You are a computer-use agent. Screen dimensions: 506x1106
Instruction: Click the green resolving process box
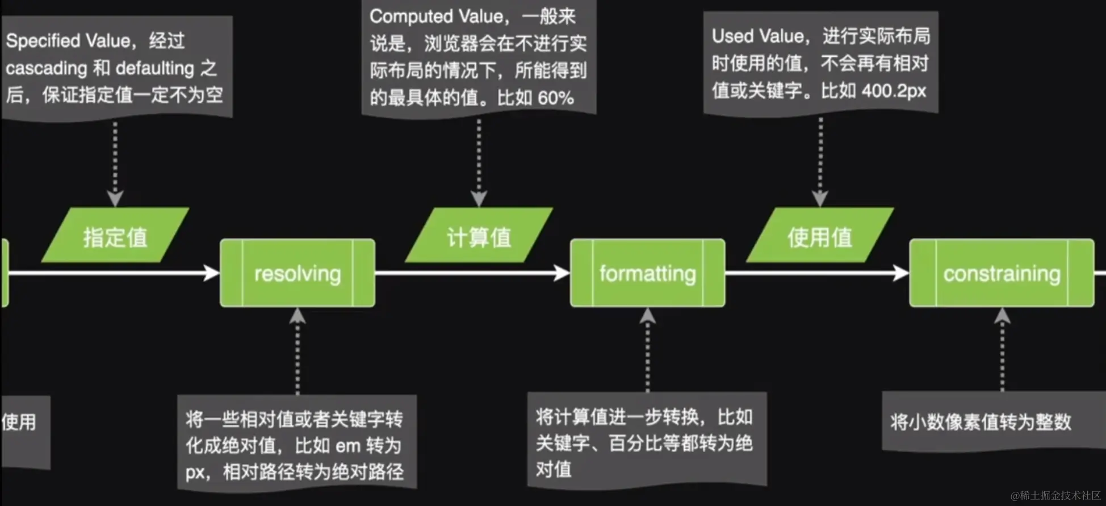tap(298, 273)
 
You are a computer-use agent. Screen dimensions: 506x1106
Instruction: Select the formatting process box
tap(647, 273)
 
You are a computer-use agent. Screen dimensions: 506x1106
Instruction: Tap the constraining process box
tap(1002, 273)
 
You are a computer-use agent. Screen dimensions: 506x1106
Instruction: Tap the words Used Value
tap(758, 36)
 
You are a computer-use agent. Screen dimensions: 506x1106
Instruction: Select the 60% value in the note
tap(555, 98)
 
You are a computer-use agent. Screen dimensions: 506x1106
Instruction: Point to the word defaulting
tap(155, 68)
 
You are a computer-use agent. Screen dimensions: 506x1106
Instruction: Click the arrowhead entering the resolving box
tap(212, 273)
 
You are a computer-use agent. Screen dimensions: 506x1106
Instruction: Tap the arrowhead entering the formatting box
tap(562, 273)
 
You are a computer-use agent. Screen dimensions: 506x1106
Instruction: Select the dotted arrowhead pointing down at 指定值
tap(115, 198)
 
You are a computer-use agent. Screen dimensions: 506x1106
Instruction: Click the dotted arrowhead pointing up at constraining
tap(1002, 316)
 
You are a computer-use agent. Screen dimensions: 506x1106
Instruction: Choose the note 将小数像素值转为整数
tap(981, 422)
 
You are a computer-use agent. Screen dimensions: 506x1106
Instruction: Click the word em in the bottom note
tap(348, 446)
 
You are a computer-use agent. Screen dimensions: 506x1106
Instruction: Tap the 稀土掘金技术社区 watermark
tap(1055, 495)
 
